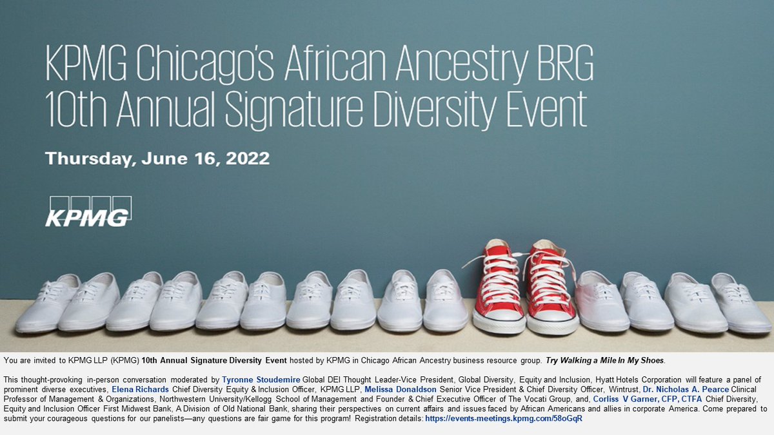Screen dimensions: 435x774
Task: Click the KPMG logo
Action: click(x=88, y=211)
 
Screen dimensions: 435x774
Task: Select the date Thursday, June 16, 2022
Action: click(x=157, y=159)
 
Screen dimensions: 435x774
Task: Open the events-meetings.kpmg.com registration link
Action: click(x=504, y=418)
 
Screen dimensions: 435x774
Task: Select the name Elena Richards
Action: click(x=141, y=390)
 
